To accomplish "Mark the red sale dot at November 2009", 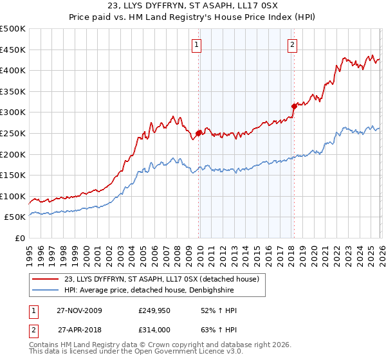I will tap(198, 133).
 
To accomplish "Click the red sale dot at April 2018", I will tap(294, 106).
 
